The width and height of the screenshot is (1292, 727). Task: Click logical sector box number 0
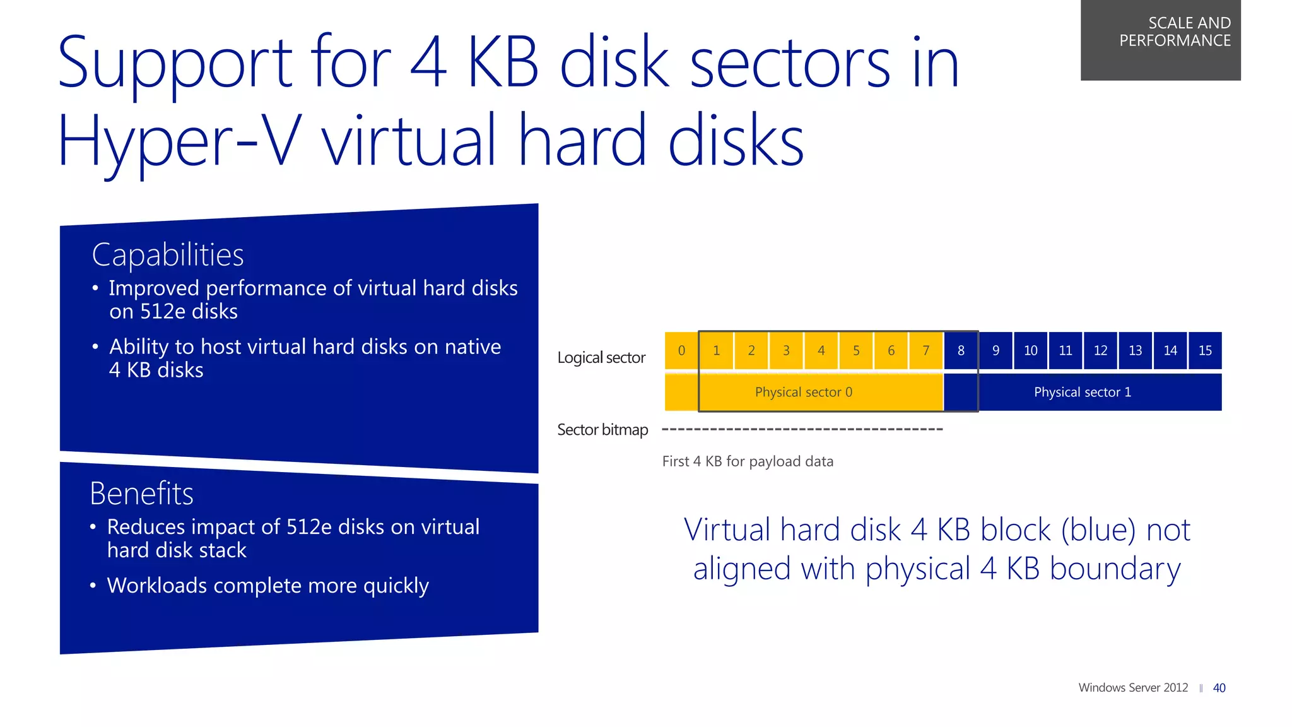point(681,350)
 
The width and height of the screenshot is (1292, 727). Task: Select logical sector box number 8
point(961,350)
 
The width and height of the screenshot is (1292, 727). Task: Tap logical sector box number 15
point(1205,350)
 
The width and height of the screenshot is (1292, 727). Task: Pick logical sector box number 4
point(821,350)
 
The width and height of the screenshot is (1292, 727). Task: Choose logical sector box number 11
point(1066,350)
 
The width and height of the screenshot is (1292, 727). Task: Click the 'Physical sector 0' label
point(803,393)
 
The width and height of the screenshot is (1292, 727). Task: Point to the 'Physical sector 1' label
point(1082,393)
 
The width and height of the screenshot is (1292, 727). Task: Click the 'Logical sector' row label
point(601,358)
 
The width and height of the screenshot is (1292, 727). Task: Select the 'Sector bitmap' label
point(602,430)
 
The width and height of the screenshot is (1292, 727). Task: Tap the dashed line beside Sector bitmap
point(802,429)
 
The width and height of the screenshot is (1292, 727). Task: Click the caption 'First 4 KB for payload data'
point(748,461)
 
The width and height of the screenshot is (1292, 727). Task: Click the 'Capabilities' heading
point(168,256)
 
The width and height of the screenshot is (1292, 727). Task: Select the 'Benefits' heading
point(141,494)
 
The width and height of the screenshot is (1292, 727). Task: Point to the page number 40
point(1219,688)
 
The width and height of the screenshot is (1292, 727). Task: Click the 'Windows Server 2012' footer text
point(1133,688)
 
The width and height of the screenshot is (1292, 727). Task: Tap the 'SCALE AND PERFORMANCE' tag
point(1175,32)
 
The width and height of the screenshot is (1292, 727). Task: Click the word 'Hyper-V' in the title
point(177,142)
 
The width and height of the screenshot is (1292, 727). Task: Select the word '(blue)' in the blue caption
point(1099,530)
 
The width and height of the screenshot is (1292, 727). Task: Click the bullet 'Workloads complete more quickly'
point(267,586)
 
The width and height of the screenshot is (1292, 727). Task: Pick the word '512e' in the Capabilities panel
point(163,312)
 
